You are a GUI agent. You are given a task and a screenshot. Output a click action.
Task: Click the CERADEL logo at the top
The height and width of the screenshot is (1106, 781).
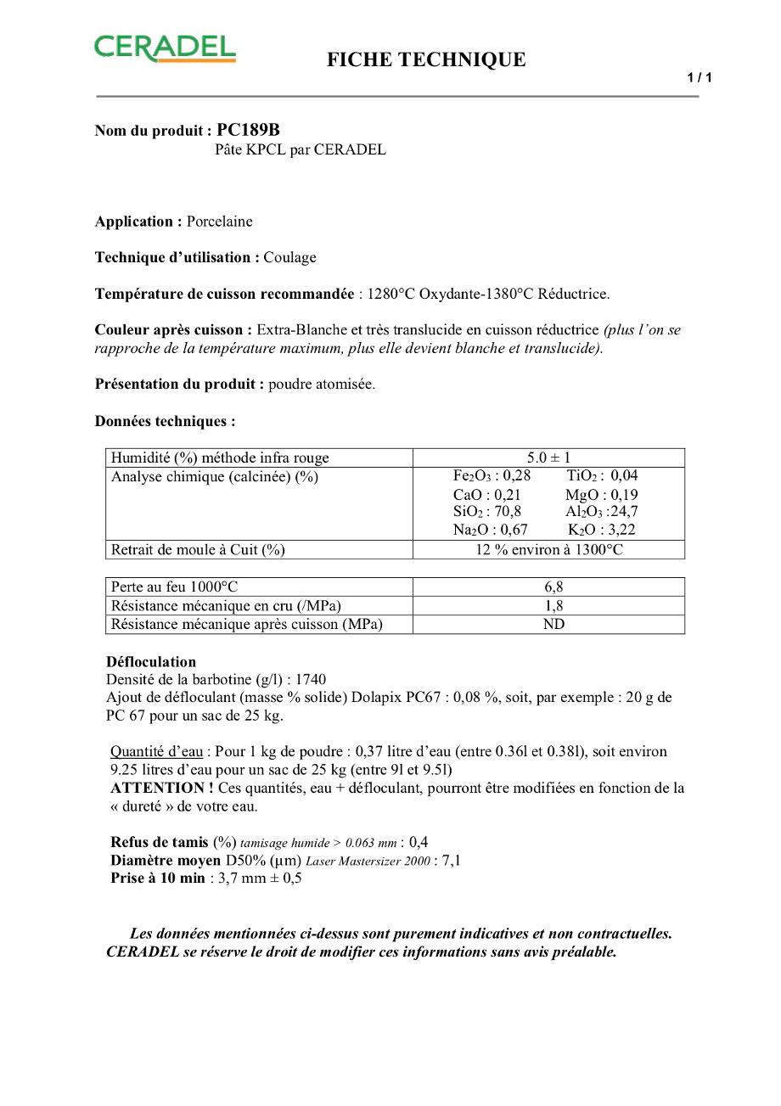point(165,48)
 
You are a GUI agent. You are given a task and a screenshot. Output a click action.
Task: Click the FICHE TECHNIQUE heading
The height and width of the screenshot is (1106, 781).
point(426,59)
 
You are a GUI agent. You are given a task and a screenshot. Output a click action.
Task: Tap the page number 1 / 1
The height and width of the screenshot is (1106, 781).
point(700,78)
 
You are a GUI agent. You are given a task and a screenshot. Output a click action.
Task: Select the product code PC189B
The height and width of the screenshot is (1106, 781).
point(248,130)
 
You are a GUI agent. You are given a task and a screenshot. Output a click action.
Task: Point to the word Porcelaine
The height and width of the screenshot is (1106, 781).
point(220,222)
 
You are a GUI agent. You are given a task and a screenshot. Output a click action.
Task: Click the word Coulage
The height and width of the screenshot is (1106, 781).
point(289,257)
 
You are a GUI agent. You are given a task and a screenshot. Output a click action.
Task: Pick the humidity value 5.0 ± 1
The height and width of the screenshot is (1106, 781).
point(548,458)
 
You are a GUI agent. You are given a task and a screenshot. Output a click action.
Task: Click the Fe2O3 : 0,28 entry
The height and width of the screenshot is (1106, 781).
point(492,476)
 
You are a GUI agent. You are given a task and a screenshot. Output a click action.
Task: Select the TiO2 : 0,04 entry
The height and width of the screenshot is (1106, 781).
point(601,476)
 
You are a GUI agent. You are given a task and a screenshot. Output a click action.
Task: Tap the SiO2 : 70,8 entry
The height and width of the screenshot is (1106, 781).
point(487,512)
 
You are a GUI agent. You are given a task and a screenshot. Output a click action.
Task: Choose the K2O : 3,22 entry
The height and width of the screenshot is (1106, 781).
point(601,530)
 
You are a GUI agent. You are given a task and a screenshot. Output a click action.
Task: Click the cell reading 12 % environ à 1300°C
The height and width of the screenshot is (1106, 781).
point(548,550)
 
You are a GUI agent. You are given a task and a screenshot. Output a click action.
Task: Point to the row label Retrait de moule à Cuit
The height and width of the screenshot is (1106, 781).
point(198,550)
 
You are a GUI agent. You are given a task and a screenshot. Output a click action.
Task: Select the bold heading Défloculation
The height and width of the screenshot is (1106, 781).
point(151,662)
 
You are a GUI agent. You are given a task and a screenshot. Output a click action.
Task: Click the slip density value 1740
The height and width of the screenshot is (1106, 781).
point(310,680)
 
